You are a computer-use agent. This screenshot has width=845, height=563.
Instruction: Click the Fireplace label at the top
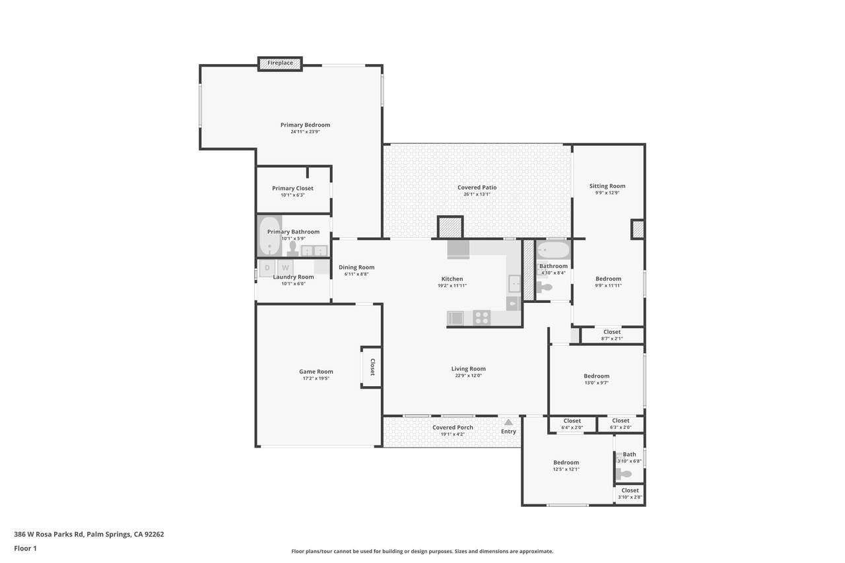tap(281, 63)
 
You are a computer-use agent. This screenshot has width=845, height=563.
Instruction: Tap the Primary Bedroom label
tap(305, 125)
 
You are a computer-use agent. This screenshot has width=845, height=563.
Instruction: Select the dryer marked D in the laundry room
tap(267, 268)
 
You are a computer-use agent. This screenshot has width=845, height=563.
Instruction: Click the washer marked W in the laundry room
tap(286, 268)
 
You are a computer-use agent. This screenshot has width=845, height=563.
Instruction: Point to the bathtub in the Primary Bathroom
tap(269, 236)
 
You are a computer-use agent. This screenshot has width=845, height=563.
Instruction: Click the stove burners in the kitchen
tap(482, 318)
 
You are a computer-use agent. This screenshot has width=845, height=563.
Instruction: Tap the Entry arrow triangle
tap(508, 422)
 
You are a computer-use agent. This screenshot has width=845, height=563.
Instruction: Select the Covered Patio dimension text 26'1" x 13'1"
tap(477, 195)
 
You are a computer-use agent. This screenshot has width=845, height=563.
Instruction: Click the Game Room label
tap(316, 372)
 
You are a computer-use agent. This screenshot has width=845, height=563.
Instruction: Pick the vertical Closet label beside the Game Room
tap(372, 367)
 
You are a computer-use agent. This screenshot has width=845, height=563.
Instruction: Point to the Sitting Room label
tap(607, 186)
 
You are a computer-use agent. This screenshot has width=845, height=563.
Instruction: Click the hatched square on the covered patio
tap(450, 228)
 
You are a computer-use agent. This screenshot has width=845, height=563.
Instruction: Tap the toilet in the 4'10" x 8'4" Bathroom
tap(543, 287)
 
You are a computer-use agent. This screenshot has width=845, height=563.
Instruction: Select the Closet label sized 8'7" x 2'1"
tap(612, 332)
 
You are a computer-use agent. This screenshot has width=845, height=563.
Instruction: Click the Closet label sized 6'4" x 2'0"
tap(572, 421)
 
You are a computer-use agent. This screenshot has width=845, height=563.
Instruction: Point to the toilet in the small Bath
tap(624, 474)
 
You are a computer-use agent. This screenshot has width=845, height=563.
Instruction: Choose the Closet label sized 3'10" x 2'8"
tap(630, 490)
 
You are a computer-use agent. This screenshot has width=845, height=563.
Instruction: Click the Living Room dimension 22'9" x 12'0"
tap(468, 376)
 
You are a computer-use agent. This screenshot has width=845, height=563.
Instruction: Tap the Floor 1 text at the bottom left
tap(25, 548)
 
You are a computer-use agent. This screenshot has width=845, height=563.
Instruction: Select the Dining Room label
tap(356, 267)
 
